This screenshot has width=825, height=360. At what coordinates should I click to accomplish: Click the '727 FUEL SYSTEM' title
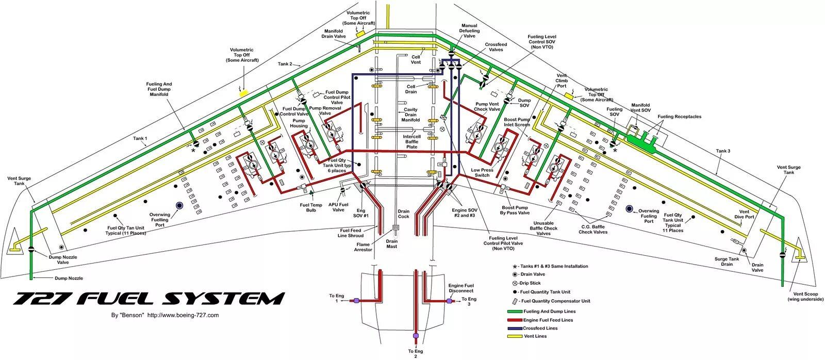coord(149,299)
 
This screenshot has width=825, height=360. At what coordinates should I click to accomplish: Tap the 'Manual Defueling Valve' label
coord(469,31)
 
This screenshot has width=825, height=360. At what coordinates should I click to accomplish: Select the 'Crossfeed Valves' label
coord(496,47)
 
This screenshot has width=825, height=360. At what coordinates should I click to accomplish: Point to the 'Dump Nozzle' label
coord(69,278)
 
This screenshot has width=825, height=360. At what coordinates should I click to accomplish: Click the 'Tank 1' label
coord(140,139)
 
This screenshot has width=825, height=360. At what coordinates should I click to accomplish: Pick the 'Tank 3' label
coord(723,151)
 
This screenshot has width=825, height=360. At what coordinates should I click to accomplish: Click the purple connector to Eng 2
coord(416,336)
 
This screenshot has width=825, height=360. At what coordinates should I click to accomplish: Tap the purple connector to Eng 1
coord(356,301)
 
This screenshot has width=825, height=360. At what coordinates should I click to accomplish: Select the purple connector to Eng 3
coord(449,301)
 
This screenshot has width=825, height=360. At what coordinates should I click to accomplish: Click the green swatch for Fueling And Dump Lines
coord(515,312)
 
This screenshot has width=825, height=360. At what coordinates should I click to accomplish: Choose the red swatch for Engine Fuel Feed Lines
coord(515,320)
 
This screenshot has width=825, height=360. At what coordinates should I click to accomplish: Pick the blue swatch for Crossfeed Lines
coord(515,329)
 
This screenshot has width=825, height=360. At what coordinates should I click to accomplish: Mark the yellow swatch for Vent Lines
coord(515,336)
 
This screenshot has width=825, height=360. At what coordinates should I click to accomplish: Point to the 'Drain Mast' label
coord(391,244)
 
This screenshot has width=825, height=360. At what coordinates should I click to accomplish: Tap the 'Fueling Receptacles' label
coord(680,117)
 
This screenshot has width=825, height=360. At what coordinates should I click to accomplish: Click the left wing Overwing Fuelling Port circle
coord(179,206)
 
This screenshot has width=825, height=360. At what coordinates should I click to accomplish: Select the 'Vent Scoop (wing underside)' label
coord(805,297)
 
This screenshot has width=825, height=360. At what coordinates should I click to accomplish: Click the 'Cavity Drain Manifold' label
coord(410,114)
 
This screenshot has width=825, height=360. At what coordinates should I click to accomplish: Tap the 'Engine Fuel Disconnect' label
coord(461,288)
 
